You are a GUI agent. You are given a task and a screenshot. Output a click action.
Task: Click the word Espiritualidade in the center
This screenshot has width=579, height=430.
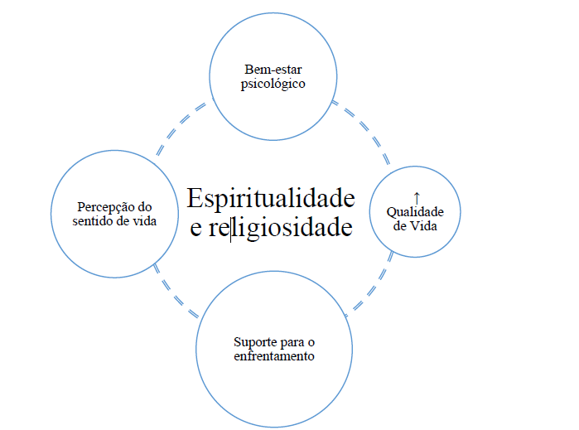[271, 199]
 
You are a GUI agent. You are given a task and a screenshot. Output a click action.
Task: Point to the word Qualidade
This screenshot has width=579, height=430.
[415, 212]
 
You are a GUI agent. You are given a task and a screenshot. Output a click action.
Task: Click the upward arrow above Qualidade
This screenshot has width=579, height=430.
[416, 198]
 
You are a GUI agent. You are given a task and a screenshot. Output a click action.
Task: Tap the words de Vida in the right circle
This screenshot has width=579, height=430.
[415, 225]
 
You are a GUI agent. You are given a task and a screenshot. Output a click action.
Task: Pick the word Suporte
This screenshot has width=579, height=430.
[253, 341]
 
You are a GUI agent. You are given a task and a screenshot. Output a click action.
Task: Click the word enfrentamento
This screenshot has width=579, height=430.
[274, 355]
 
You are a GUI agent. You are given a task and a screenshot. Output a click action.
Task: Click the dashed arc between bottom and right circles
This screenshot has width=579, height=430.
[374, 286]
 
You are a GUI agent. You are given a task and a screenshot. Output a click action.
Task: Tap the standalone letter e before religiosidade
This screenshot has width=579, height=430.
[196, 229]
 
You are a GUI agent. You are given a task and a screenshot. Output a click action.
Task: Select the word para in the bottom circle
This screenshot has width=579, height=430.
[287, 341]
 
